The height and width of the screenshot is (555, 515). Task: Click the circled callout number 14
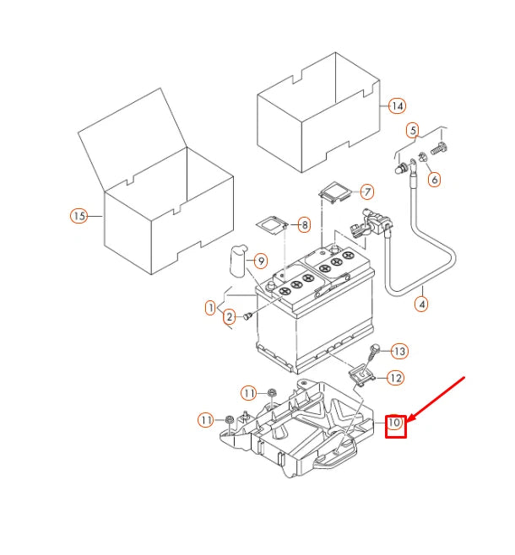pos(397,106)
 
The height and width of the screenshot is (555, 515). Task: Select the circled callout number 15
pos(79,216)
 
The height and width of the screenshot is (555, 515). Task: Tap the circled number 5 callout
pos(413,130)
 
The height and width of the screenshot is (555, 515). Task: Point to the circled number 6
pos(434,180)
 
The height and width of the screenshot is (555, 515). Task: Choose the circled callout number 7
pos(366,191)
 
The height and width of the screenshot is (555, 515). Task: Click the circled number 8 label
pos(304,225)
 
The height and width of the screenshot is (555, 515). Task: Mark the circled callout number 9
pos(261,261)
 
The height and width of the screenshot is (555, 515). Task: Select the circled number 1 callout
pos(210,308)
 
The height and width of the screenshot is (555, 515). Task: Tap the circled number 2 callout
pos(229,317)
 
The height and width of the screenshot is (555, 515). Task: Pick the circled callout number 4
pos(422,303)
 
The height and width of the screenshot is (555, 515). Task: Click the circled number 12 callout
pos(395,378)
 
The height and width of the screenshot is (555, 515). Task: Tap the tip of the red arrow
pos(409,418)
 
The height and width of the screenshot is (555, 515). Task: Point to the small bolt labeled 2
pos(248,316)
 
